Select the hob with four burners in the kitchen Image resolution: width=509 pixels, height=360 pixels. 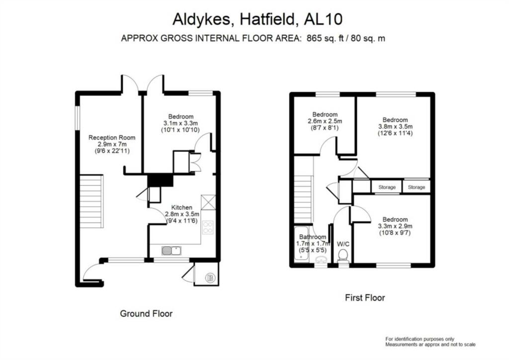point(208,227)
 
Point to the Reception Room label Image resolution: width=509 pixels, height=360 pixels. point(112,138)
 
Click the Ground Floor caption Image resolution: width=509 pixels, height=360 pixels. point(146,314)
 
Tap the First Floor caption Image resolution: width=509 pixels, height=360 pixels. point(365,298)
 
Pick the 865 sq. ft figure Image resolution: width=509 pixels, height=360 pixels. point(320,38)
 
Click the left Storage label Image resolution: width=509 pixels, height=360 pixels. point(387,187)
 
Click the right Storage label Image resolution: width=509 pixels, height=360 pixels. point(417,187)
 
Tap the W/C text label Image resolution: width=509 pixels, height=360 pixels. point(343,244)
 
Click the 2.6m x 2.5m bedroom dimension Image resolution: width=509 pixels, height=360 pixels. point(325,121)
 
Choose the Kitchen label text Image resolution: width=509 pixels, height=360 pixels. point(182,207)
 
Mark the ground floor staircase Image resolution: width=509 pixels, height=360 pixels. point(91,201)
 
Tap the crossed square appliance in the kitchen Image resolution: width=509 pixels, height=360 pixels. point(207,202)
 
